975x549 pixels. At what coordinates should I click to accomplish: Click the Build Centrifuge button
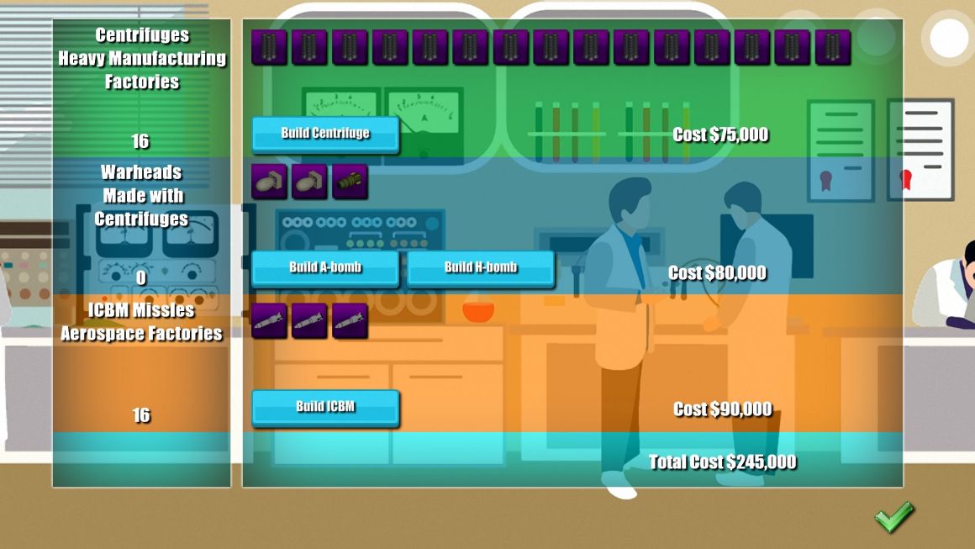click(x=325, y=135)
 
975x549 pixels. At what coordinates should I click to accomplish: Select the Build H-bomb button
click(x=481, y=268)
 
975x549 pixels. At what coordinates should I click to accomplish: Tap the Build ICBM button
click(x=325, y=408)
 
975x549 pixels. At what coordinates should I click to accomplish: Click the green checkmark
click(x=894, y=517)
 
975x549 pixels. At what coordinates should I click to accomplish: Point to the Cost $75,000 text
click(x=720, y=135)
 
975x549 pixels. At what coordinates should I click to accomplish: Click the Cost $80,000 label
click(x=717, y=272)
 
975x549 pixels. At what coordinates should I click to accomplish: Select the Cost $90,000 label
click(x=723, y=409)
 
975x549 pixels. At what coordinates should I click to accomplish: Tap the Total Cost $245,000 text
click(x=723, y=462)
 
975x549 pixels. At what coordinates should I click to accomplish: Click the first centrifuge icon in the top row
click(x=269, y=46)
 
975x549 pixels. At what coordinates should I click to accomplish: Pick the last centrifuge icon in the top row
click(x=833, y=46)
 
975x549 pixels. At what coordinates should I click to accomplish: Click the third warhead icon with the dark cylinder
click(x=350, y=182)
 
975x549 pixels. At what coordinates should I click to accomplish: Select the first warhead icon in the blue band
click(x=269, y=182)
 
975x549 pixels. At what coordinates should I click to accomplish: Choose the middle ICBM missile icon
click(x=309, y=321)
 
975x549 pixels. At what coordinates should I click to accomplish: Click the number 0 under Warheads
click(x=141, y=277)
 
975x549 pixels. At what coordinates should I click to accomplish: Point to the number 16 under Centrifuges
click(x=140, y=141)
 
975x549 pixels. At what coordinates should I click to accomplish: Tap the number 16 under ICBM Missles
click(x=141, y=414)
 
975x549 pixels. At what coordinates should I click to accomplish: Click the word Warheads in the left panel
click(x=141, y=172)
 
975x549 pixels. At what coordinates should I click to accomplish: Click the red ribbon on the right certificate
click(x=906, y=179)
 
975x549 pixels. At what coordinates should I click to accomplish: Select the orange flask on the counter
click(x=478, y=311)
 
